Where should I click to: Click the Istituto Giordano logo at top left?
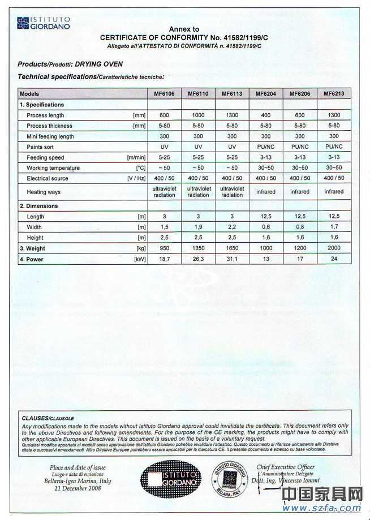coord(43,23)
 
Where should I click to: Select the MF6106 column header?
coord(164,94)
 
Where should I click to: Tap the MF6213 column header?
coord(334,93)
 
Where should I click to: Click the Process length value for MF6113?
coord(232,115)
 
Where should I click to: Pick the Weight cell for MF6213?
coord(334,248)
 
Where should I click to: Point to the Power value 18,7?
coord(164,259)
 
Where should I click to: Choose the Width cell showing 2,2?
coord(232,227)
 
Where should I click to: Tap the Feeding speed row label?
coord(45,158)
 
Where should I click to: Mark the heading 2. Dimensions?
coord(38,206)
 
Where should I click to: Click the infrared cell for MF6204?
coord(266,192)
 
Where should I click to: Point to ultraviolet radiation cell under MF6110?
coord(198,192)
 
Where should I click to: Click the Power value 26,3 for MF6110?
coord(198,259)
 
